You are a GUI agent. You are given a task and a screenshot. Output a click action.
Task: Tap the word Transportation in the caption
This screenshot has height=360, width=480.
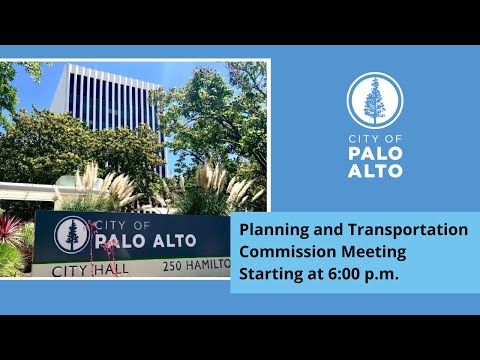pyautogui.click(x=408, y=230)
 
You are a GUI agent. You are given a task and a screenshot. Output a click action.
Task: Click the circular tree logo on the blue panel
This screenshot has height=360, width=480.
pyautogui.click(x=375, y=100)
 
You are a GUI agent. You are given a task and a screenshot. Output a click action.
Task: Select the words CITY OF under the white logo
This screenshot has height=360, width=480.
pyautogui.click(x=375, y=139)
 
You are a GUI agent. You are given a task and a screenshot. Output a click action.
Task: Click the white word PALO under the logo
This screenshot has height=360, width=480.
pyautogui.click(x=375, y=154)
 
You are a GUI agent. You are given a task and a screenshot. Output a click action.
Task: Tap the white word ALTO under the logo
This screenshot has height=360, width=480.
pyautogui.click(x=375, y=171)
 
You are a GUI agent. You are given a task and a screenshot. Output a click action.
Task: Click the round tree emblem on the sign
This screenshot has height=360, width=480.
pyautogui.click(x=72, y=235)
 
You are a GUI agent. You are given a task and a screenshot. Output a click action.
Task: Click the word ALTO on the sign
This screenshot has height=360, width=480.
pyautogui.click(x=175, y=241)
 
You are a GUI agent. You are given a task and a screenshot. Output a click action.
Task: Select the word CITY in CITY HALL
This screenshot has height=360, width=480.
pyautogui.click(x=71, y=271)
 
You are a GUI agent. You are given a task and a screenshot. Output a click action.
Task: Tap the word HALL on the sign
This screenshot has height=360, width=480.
pyautogui.click(x=111, y=269)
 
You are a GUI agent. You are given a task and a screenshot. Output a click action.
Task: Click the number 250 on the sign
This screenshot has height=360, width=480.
pyautogui.click(x=172, y=266)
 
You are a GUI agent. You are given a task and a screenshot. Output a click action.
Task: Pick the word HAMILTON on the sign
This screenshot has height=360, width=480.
pyautogui.click(x=208, y=265)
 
